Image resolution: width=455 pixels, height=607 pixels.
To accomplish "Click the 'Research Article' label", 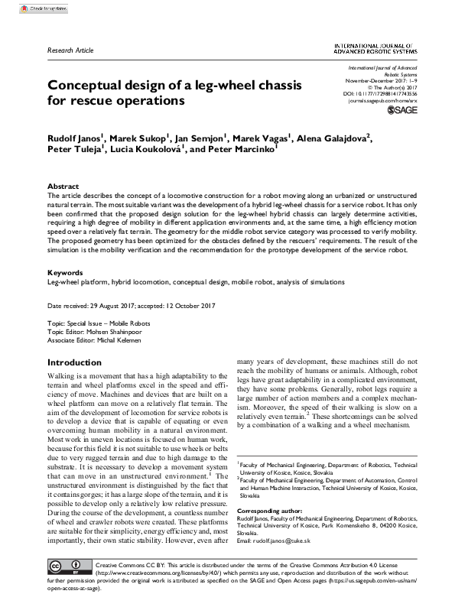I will pyautogui.click(x=70, y=50).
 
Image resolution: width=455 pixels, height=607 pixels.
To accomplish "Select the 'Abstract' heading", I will pyautogui.click(x=63, y=186).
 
